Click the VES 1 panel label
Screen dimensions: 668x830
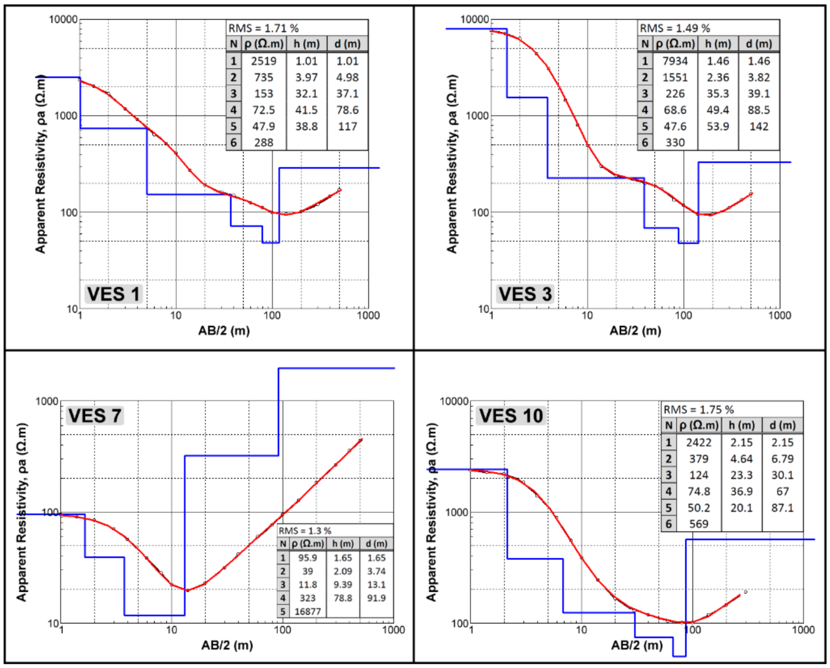pos(113,294)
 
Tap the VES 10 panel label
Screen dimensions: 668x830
pos(511,416)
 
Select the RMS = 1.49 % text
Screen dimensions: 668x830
pos(675,28)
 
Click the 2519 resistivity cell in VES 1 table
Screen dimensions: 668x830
pos(264,61)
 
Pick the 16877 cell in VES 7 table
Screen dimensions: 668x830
pos(307,612)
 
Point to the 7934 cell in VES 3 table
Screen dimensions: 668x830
pos(675,61)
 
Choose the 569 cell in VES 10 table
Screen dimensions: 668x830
pos(698,524)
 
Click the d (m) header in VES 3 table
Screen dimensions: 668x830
pos(759,44)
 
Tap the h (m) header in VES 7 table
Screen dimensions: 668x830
pos(343,544)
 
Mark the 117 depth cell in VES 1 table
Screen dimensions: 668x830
pos(347,127)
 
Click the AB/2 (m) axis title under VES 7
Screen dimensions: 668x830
pos(227,645)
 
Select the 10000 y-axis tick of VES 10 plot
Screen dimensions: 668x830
pos(454,401)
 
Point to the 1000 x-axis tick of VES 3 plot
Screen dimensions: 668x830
pos(779,315)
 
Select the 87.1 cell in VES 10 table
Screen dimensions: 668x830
pos(782,508)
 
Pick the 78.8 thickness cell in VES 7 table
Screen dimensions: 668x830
pos(343,598)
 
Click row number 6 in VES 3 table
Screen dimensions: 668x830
pos(645,143)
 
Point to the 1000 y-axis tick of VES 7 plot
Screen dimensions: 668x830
pos(47,401)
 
